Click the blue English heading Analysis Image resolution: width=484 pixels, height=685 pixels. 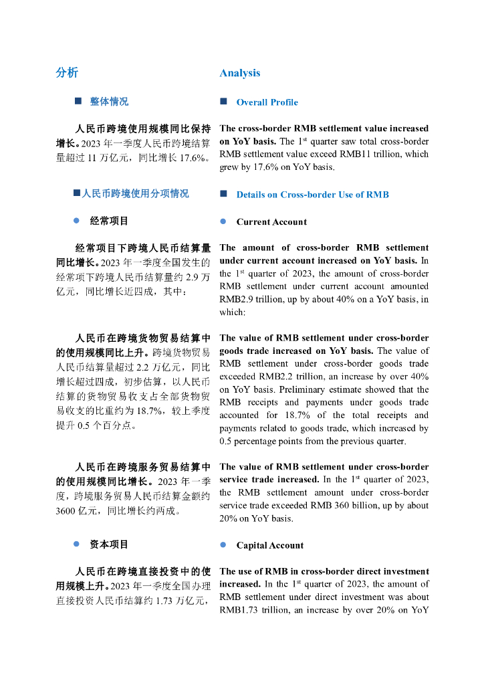coord(239,73)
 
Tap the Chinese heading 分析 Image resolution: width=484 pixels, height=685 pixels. coord(67,73)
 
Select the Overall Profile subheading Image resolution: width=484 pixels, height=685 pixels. coord(267,102)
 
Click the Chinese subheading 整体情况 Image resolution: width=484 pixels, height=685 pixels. coord(109,102)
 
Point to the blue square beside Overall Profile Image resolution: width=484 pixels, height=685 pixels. coord(223,102)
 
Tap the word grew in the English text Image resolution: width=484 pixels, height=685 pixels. coord(229,167)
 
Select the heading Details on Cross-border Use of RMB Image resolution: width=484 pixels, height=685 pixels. coord(312,195)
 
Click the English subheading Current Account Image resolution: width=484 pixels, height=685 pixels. coord(271,222)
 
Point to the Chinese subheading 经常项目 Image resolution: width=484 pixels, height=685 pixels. coord(109,221)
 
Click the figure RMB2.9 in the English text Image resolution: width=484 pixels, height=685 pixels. coord(235,299)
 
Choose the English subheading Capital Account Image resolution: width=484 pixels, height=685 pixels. coord(269,545)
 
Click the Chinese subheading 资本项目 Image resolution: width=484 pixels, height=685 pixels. coord(109,545)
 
